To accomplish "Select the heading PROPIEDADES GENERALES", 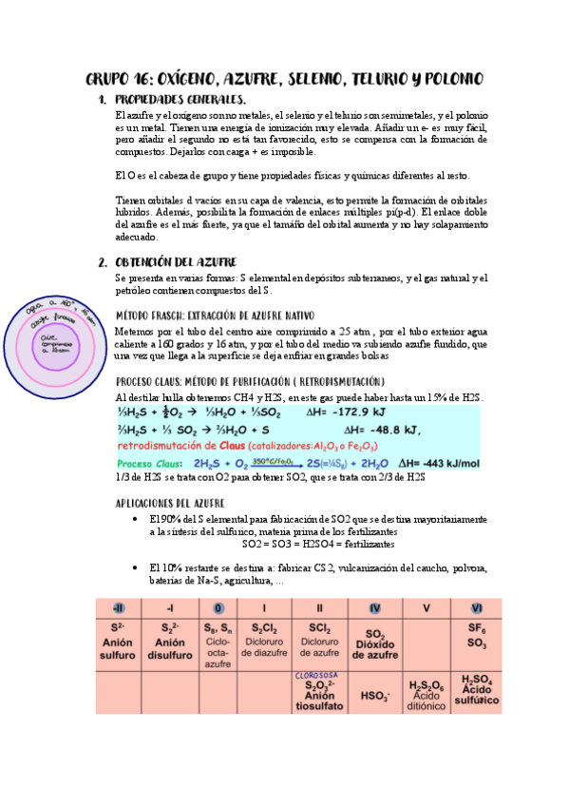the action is pyautogui.click(x=180, y=100).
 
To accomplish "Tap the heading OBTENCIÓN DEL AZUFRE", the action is pyautogui.click(x=176, y=261).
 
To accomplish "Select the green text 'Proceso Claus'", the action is pyautogui.click(x=147, y=463).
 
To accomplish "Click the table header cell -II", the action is pyautogui.click(x=118, y=608).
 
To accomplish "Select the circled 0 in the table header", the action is pyautogui.click(x=219, y=608).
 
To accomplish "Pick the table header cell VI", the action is pyautogui.click(x=476, y=608).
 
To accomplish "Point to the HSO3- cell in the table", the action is pyautogui.click(x=375, y=696).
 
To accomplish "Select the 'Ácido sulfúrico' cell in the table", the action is pyautogui.click(x=476, y=690).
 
